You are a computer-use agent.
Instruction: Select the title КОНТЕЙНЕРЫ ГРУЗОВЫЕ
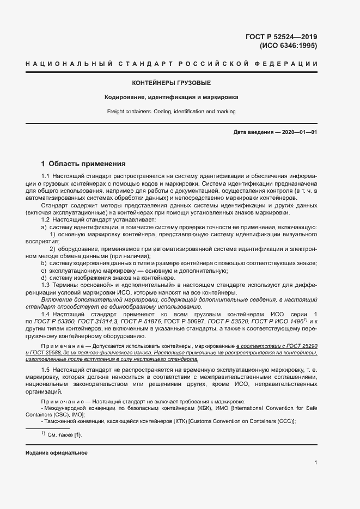(x=172, y=83)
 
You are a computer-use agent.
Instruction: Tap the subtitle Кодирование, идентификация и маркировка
(x=172, y=97)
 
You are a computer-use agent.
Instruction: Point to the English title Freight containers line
(x=172, y=112)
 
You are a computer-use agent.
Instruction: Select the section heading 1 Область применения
(x=84, y=163)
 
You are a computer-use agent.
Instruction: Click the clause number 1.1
(x=46, y=177)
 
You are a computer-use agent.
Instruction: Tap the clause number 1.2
(x=46, y=219)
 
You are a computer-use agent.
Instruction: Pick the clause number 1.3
(x=46, y=285)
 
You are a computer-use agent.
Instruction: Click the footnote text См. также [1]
(x=64, y=435)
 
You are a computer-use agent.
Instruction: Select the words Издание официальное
(x=56, y=453)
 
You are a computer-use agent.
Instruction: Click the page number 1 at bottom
(x=316, y=463)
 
